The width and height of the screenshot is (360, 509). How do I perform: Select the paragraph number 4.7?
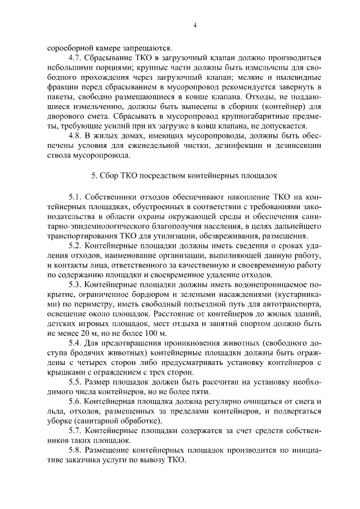[74, 58]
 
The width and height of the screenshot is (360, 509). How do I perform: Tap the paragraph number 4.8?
[74, 135]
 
